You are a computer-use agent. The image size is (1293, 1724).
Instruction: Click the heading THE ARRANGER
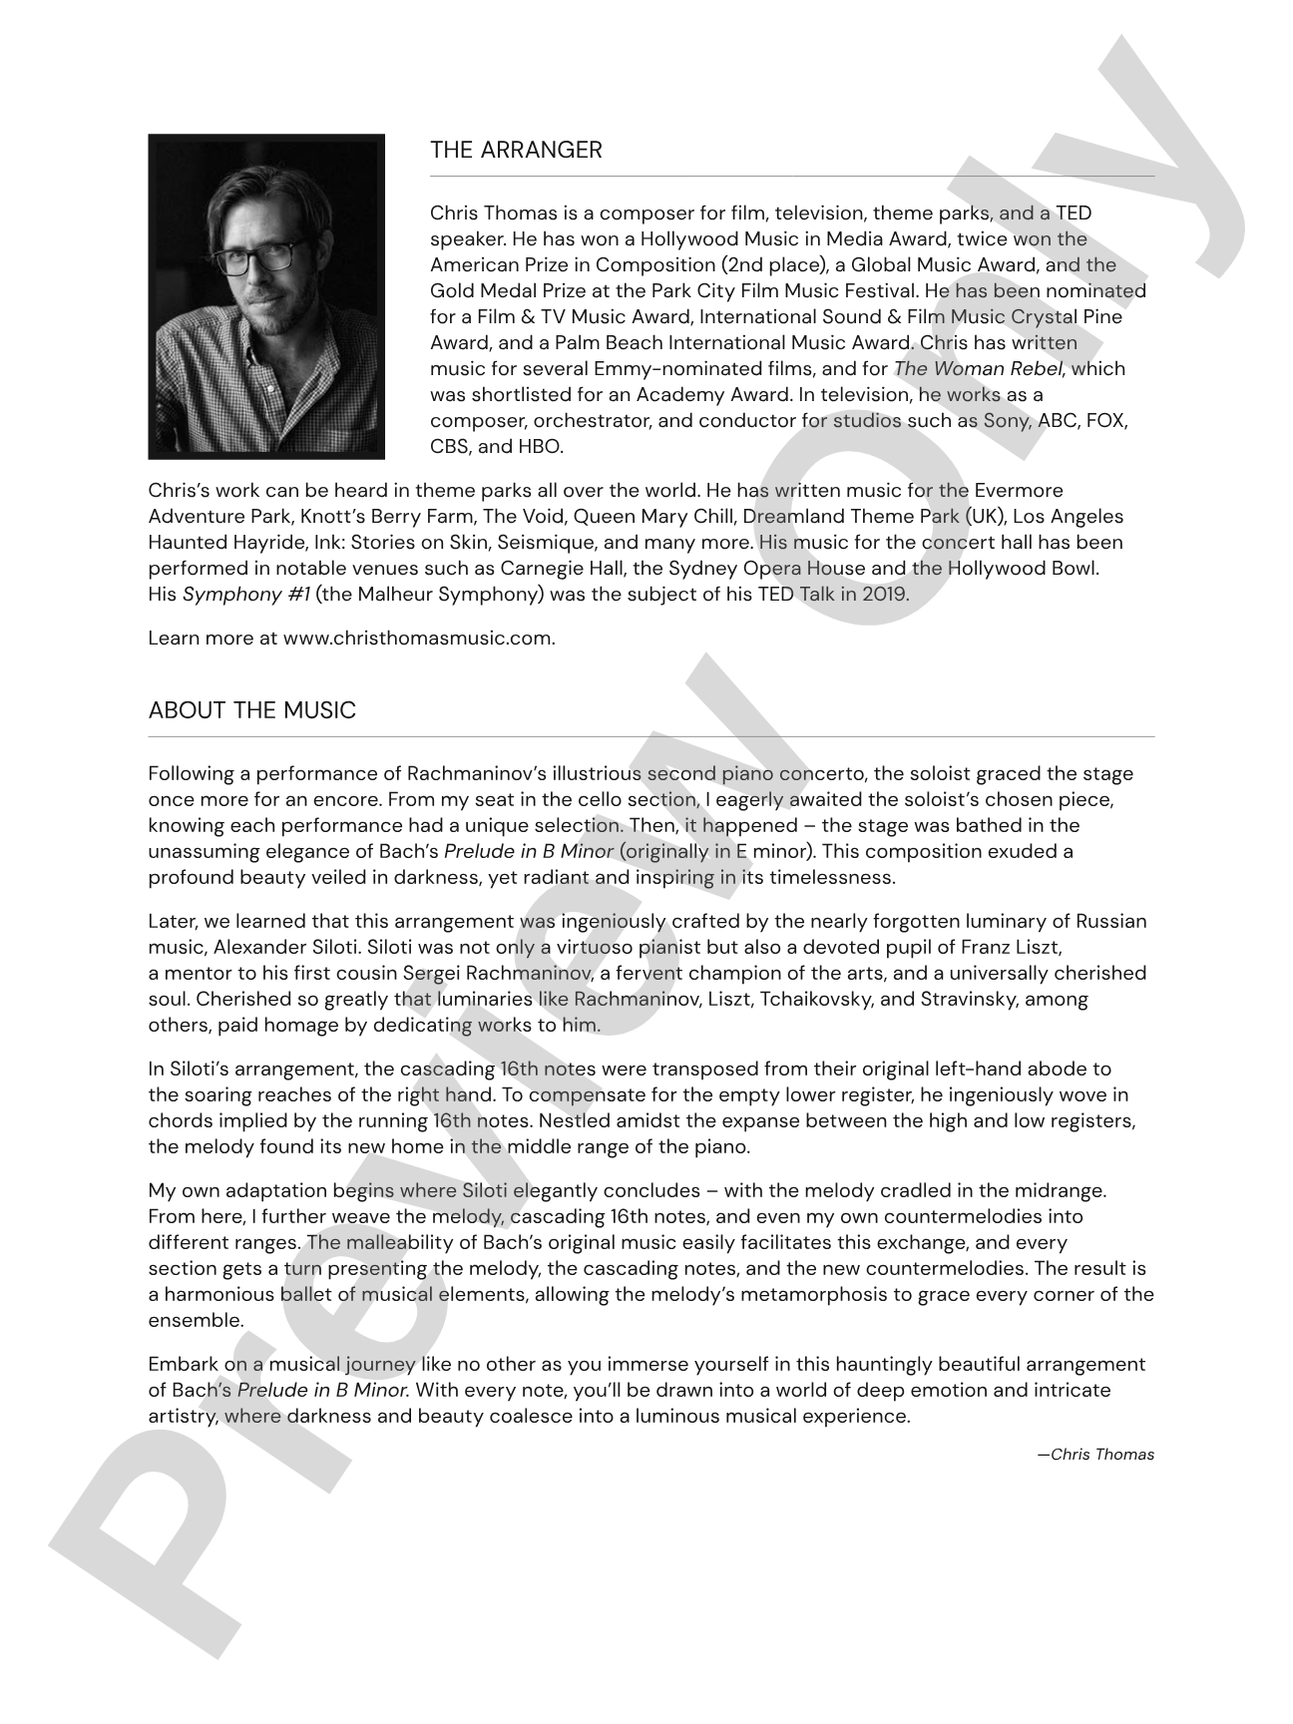pos(516,151)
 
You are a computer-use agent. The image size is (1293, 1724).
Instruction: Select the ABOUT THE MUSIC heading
pos(251,711)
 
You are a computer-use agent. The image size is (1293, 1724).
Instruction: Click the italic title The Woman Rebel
pos(978,369)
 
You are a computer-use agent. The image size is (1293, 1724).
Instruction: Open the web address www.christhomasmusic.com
pos(418,639)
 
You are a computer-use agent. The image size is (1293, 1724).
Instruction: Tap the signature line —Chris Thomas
pos(1095,1455)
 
